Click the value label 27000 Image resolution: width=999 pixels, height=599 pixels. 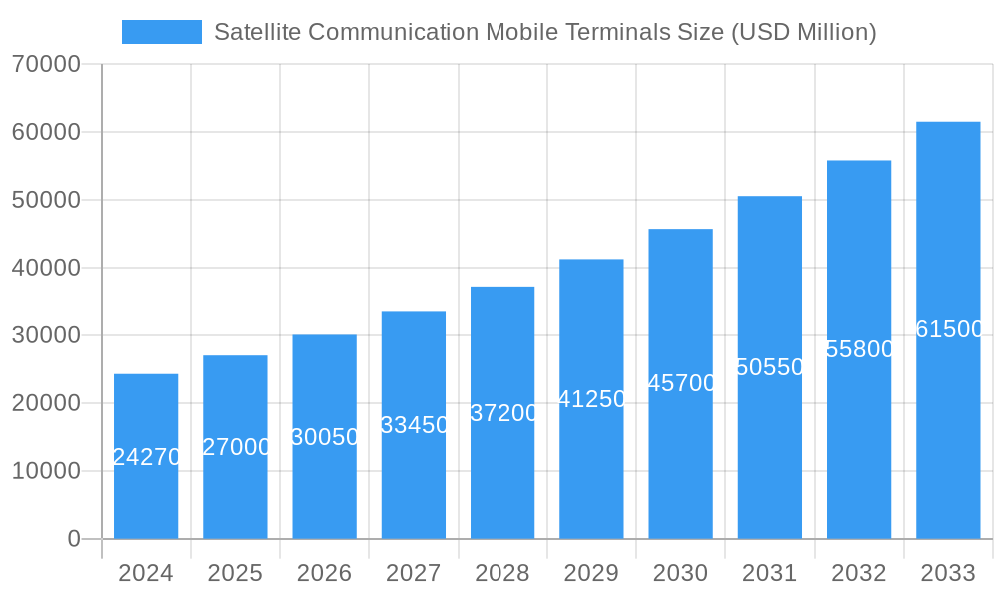(236, 447)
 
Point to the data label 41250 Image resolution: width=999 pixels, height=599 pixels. (592, 399)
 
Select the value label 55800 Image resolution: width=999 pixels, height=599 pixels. (860, 349)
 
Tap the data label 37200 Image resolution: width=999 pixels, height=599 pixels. (503, 413)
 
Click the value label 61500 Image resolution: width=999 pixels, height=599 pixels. (949, 329)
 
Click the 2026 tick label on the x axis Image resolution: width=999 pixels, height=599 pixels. (324, 573)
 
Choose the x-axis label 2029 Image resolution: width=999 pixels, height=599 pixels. (591, 573)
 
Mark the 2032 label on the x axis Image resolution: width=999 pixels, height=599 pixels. (859, 573)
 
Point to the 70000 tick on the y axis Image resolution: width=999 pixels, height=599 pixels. (46, 64)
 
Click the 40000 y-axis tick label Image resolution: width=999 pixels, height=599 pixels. (46, 268)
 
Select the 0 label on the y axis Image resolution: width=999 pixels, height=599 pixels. (74, 539)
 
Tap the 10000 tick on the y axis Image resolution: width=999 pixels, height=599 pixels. (46, 471)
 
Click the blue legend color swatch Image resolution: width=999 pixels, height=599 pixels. (161, 32)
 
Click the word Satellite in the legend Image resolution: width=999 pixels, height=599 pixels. (257, 32)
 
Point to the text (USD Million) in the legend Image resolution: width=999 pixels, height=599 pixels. (804, 32)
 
